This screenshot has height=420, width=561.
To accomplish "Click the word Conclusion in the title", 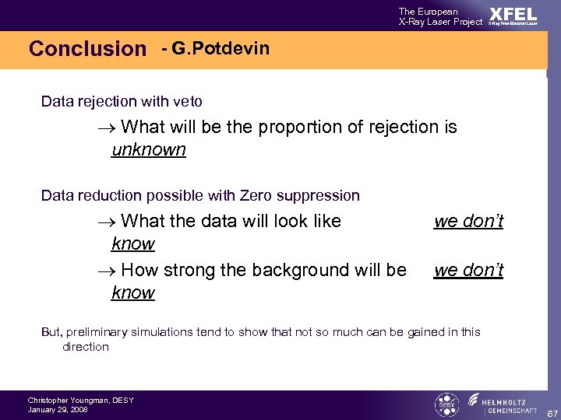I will click(x=87, y=49).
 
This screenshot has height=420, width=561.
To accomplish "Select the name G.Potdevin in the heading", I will click(x=221, y=49).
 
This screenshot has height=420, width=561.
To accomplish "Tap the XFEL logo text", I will click(x=513, y=15).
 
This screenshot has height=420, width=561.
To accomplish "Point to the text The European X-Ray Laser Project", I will click(x=440, y=16).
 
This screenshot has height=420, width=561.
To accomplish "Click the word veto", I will click(x=186, y=101).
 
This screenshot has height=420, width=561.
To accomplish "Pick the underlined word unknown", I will click(x=149, y=149).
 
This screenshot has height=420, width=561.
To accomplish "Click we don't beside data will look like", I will click(x=468, y=221).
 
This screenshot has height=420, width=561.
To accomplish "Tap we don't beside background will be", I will click(x=468, y=270).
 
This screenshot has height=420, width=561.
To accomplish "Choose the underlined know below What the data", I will click(x=133, y=243).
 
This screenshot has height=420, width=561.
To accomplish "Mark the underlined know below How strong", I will click(x=133, y=292).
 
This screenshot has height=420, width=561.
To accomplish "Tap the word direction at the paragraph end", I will click(x=86, y=347).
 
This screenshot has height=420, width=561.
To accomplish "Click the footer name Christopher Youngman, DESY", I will click(x=80, y=400).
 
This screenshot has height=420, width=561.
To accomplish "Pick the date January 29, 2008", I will click(x=58, y=409).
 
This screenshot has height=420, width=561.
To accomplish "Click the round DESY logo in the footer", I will click(x=446, y=404).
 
